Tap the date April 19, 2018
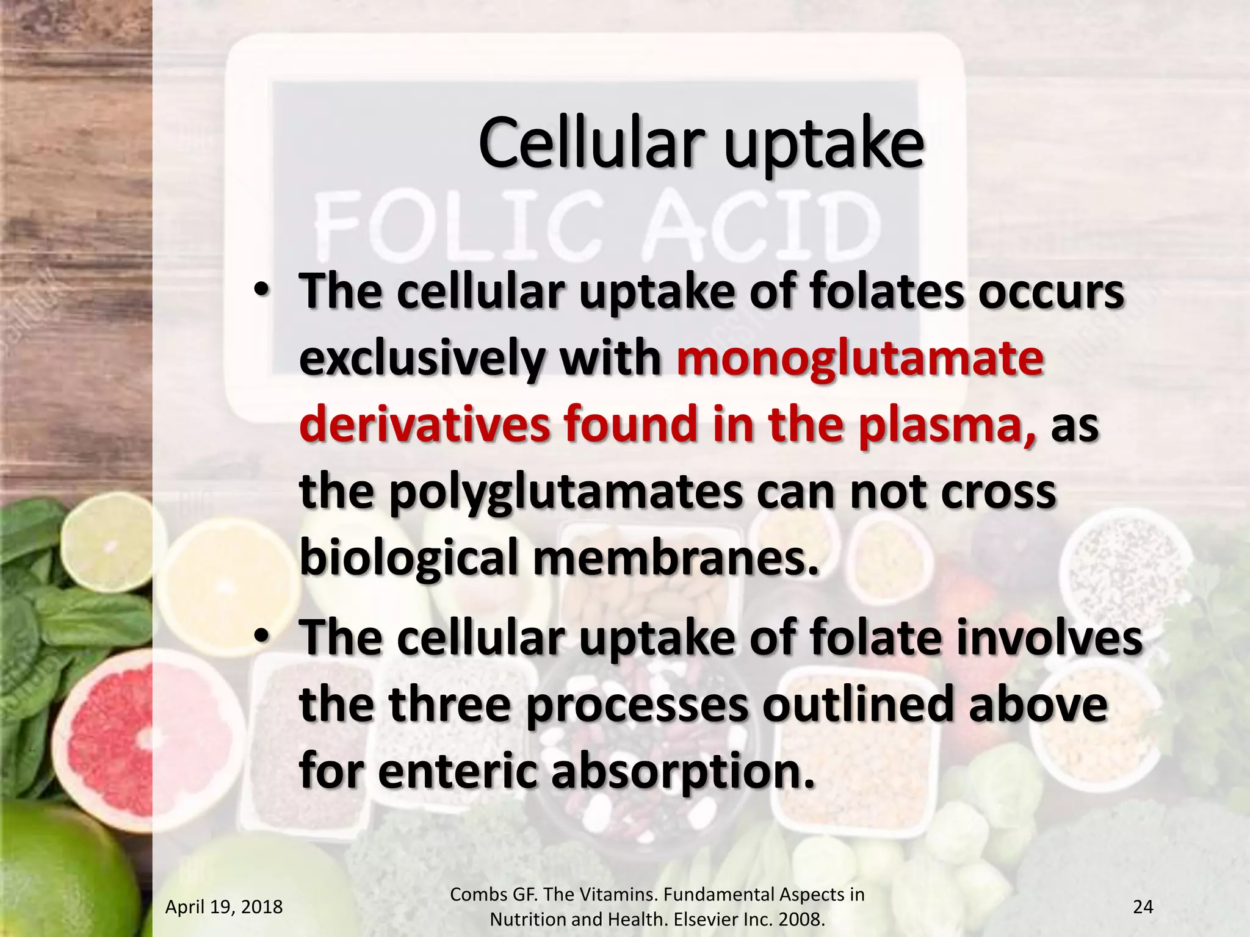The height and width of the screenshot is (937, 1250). pos(224,907)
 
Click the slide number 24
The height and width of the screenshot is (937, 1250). pos(1143,907)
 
